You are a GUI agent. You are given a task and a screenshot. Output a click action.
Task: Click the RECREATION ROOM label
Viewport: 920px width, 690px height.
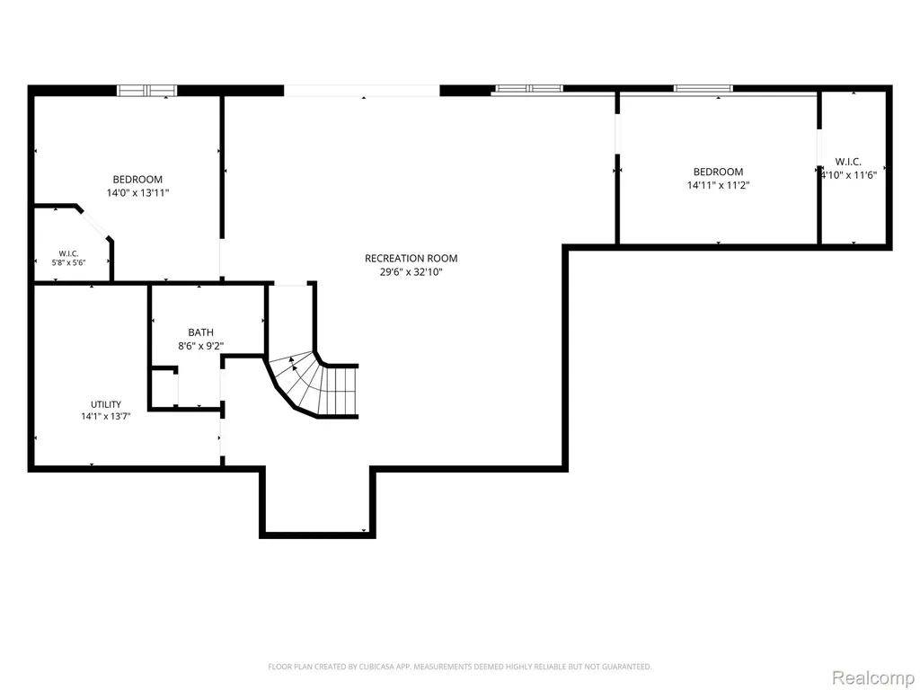(411, 258)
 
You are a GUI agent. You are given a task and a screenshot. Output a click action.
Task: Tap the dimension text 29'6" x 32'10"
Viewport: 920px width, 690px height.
(411, 272)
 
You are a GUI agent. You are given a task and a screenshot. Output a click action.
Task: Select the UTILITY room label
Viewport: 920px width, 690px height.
(106, 404)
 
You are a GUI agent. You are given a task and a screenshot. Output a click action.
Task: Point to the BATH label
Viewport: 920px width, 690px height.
(200, 332)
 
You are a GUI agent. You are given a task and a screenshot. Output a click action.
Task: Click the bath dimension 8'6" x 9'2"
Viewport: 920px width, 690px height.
(200, 346)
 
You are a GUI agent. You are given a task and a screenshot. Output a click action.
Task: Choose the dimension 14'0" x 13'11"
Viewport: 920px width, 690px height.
(137, 192)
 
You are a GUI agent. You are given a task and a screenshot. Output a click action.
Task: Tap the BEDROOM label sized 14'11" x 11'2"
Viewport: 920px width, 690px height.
(718, 172)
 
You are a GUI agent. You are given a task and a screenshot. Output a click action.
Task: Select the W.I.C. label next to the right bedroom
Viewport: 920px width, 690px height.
(848, 162)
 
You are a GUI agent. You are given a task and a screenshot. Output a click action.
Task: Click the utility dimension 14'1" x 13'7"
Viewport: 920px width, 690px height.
(106, 417)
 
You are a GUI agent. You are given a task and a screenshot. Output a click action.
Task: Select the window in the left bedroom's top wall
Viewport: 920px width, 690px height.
(146, 91)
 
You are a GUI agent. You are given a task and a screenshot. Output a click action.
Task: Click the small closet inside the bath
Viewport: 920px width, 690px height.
(164, 386)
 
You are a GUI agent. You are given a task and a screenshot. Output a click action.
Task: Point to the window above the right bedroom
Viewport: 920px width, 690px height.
(703, 89)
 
